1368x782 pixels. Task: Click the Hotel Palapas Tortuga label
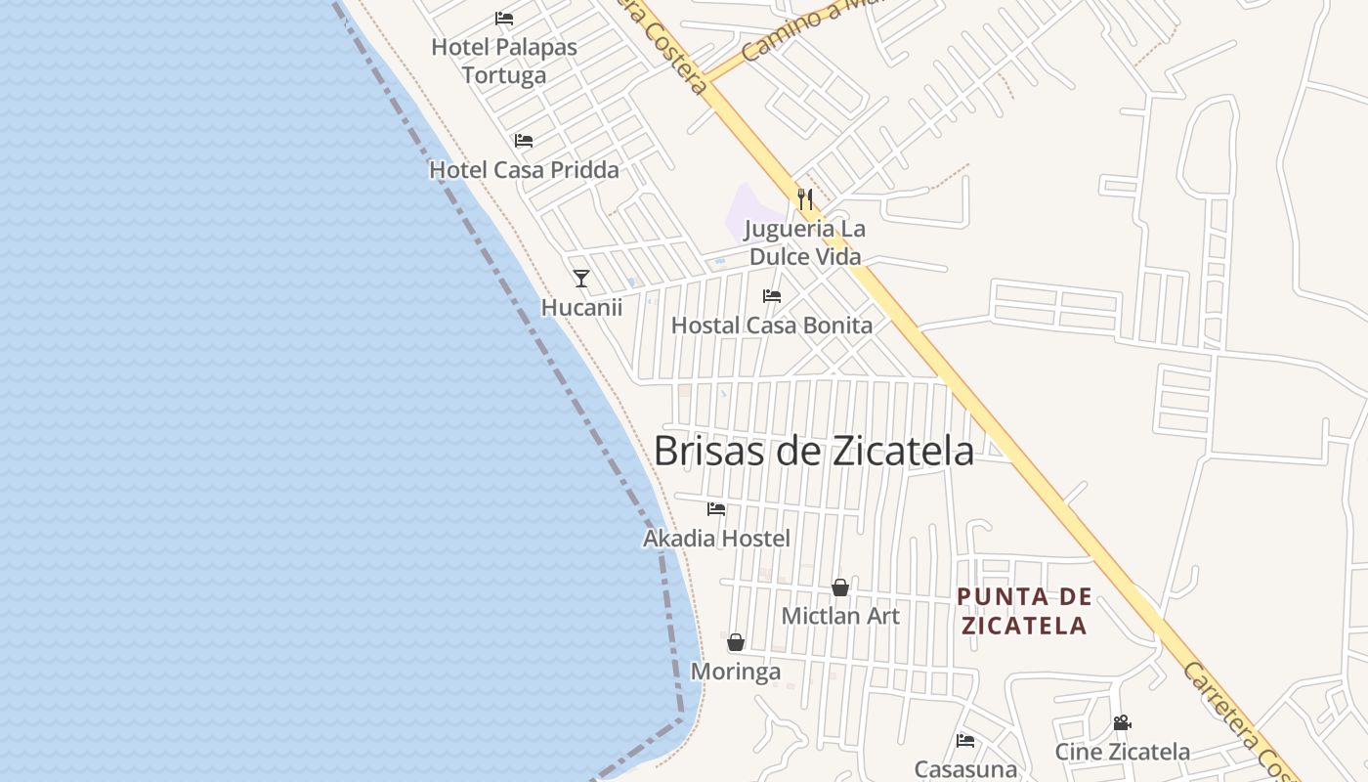pos(504,61)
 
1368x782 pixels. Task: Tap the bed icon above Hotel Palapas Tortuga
pos(504,18)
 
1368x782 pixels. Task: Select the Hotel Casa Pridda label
pos(524,170)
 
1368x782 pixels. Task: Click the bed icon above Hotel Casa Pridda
pos(524,141)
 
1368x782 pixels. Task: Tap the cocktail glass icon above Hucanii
pos(581,279)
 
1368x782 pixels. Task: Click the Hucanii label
pos(581,308)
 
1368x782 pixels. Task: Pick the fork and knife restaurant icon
pos(805,199)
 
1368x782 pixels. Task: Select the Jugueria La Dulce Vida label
pos(805,242)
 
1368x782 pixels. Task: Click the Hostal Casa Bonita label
pos(772,326)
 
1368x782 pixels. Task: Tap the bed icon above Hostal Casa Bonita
pos(772,296)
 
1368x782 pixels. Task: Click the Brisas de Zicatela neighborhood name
pos(813,452)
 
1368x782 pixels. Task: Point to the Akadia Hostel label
pos(716,539)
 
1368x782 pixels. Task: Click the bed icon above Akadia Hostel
pos(716,509)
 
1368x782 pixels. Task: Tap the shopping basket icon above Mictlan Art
pos(840,587)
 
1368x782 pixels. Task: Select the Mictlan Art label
pos(840,617)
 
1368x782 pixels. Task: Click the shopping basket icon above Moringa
pos(736,642)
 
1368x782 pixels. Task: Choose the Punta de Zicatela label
pos(1023,611)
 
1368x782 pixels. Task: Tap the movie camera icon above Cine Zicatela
pos(1122,723)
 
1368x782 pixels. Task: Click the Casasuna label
pos(965,769)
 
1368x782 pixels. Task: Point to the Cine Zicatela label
pos(1122,752)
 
